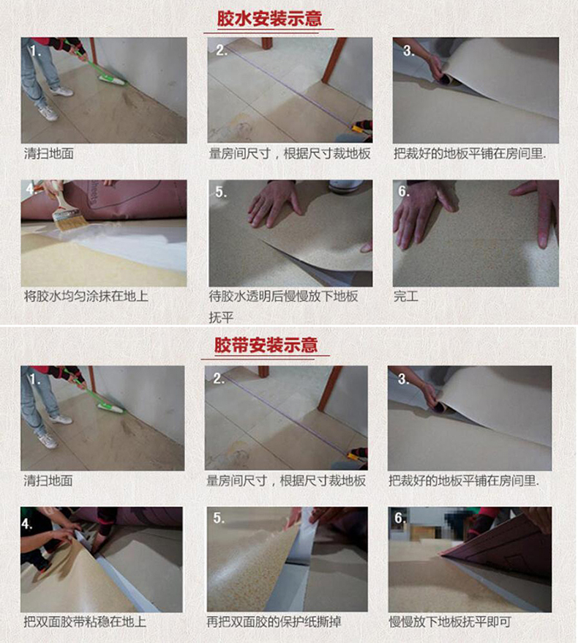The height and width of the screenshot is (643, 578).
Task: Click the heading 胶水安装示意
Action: pos(269,18)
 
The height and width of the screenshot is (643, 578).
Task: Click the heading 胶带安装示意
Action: pos(266,345)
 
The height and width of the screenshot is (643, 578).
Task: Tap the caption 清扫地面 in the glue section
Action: pos(49,153)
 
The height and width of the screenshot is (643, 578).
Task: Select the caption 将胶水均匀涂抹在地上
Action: pos(86,296)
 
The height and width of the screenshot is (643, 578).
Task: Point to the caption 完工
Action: pos(405,296)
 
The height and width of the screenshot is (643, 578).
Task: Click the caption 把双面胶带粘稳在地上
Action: pos(85,622)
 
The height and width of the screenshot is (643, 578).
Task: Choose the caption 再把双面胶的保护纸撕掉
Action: pos(274,622)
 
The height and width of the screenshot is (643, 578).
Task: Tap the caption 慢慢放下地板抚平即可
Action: pos(450,622)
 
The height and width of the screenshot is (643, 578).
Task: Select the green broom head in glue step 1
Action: pos(111,79)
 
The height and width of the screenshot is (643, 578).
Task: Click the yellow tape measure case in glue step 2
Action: pos(358,129)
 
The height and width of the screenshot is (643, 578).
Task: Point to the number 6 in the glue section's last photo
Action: pos(403,191)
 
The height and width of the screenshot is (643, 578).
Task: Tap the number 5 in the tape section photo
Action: pos(218,518)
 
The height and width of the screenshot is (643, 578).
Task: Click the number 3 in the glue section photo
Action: pos(408,51)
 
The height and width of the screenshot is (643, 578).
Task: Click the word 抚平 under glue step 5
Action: pos(221,317)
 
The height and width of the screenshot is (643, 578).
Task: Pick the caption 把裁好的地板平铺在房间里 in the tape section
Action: pos(464,480)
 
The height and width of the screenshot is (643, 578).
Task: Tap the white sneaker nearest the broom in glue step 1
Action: pos(61,91)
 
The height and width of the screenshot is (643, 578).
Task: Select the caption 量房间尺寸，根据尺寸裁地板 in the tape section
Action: pos(286,480)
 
